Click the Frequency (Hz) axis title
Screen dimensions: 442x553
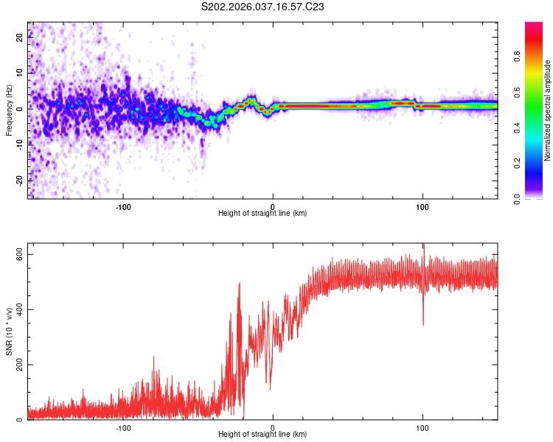tap(9, 110)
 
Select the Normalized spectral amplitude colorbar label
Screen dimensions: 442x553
tap(547, 110)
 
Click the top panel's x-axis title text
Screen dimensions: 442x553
tap(262, 213)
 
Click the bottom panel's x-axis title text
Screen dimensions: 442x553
tap(262, 435)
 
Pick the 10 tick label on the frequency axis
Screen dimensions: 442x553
tap(19, 73)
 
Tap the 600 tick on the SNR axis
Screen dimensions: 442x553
tap(17, 254)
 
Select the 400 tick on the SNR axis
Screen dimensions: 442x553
tap(17, 309)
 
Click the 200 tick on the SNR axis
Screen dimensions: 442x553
tap(17, 365)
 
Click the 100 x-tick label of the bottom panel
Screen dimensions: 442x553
tap(422, 427)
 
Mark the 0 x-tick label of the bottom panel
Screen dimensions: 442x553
tap(273, 427)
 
